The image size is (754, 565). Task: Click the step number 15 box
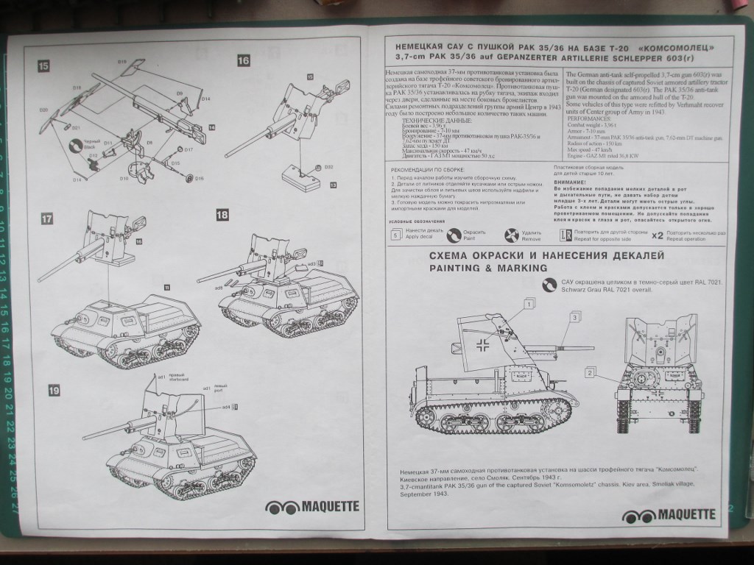44,66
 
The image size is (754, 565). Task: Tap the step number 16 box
244,61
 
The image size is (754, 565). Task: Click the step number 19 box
54,390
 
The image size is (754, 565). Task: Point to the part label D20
44,110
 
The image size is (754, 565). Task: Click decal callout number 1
529,302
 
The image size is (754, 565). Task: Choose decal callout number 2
590,373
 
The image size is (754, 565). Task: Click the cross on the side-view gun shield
483,344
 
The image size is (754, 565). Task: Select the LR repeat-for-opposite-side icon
565,235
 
